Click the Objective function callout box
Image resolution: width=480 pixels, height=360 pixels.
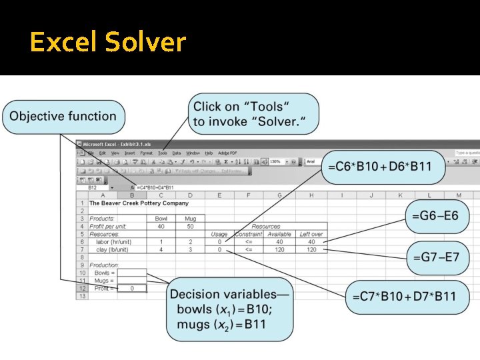[x=63, y=116]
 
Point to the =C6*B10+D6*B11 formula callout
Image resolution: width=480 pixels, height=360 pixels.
[x=383, y=167]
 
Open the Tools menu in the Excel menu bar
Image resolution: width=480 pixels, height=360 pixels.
[x=163, y=153]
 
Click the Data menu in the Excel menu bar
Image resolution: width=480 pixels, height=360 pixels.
[x=177, y=153]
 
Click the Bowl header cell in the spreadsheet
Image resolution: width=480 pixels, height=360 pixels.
[x=161, y=219]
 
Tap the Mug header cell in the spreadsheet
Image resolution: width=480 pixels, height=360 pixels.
[x=190, y=219]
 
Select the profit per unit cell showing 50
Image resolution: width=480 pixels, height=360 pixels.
[x=190, y=226]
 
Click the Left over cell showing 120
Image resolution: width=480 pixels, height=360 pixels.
[x=311, y=249]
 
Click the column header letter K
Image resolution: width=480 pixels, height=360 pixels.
[x=399, y=195]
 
